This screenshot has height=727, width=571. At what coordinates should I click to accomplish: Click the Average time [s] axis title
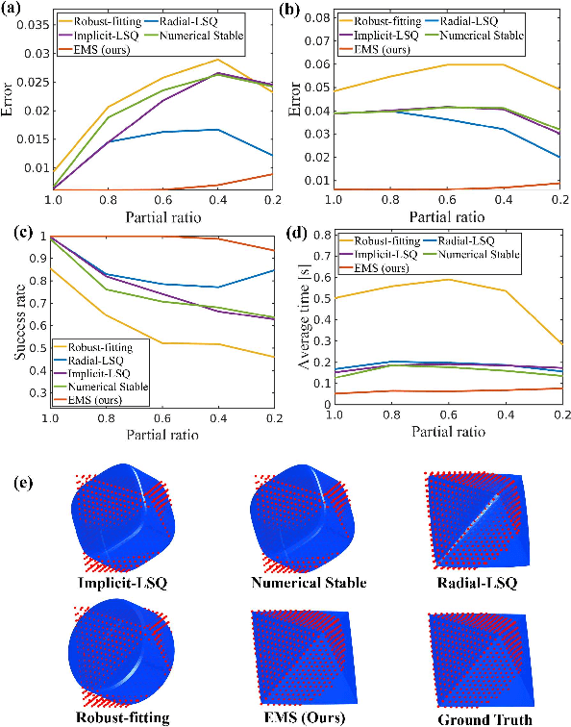[292, 314]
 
